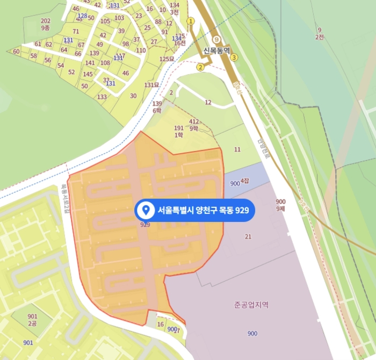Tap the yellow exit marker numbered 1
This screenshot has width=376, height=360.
coord(190,21)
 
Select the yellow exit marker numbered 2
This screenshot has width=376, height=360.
coord(200,67)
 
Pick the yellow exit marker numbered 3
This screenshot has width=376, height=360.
coord(234,57)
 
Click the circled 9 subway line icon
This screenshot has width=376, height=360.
coord(216,40)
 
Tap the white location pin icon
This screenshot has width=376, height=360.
coord(144,211)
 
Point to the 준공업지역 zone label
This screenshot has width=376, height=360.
coord(251,305)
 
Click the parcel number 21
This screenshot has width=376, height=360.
coord(248,236)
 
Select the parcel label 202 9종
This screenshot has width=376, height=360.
coord(46,24)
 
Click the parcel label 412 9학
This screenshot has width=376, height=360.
coord(194,125)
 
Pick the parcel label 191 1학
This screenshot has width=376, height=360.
coord(179,132)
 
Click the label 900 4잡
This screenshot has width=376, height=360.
coord(239,183)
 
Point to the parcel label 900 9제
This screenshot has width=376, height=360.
coord(280,205)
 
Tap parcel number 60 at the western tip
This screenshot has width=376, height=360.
coord(16,52)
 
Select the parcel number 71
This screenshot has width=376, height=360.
coord(76,31)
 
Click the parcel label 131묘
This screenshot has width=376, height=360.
coord(151,85)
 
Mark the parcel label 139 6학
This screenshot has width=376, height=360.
coord(157,106)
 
